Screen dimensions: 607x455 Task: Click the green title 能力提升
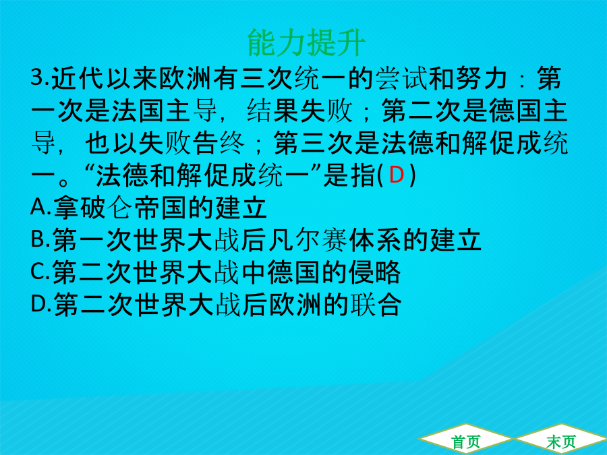(306, 42)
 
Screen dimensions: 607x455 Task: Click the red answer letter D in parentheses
(396, 175)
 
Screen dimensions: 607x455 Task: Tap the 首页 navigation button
(465, 442)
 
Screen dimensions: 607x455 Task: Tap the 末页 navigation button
(560, 442)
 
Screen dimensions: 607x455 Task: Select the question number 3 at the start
(37, 78)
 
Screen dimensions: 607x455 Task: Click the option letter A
(38, 207)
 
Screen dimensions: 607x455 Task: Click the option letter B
(38, 239)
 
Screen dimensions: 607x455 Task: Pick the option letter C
(38, 272)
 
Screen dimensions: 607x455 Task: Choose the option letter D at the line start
(38, 304)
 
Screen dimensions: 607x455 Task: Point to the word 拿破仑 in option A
(93, 208)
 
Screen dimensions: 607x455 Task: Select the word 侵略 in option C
(374, 272)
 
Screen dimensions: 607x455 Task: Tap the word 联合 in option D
(376, 305)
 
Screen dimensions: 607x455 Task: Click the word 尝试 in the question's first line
(402, 78)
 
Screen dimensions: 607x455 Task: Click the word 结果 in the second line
(273, 111)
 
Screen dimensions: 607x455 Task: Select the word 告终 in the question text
(219, 143)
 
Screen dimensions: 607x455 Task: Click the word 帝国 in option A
(161, 208)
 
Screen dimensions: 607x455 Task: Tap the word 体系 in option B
(376, 240)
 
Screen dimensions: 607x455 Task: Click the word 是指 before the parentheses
(350, 175)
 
